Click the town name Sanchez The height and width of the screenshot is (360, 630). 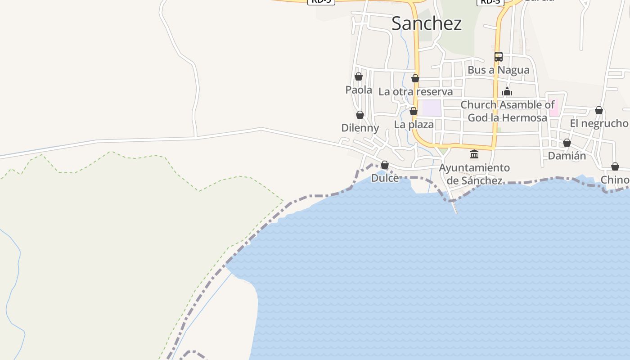tap(426, 23)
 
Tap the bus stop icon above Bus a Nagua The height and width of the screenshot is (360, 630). tap(499, 57)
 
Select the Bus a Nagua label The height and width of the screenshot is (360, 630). tap(498, 70)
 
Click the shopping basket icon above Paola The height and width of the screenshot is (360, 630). tap(359, 76)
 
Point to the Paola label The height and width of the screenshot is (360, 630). tap(359, 90)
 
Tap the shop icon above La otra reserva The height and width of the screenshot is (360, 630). tap(415, 79)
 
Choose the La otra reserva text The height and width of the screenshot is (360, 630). tap(415, 92)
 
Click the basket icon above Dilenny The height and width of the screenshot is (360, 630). tap(360, 115)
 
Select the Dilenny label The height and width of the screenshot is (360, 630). tap(360, 128)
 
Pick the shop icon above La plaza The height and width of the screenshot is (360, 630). tap(414, 111)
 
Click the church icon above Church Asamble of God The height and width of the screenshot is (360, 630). tap(507, 92)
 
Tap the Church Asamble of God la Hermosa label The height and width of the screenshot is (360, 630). tap(507, 111)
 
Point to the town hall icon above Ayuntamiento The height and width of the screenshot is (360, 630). tap(474, 154)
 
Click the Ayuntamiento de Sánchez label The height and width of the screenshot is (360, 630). tap(474, 174)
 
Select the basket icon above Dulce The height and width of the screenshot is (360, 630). tap(385, 165)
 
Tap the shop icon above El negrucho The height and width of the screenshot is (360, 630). tap(599, 110)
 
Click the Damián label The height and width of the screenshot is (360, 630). tap(567, 156)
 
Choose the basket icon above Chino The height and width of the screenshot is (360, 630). tap(615, 166)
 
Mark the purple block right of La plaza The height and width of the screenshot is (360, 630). tap(432, 108)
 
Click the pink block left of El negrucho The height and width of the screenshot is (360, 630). tap(553, 108)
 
